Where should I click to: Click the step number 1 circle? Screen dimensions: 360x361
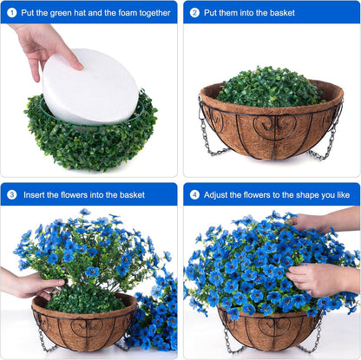point(12,12)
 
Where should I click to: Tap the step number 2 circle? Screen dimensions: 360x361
point(194,12)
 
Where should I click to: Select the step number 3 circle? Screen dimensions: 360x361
point(12,194)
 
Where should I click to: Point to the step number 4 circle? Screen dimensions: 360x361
point(194,194)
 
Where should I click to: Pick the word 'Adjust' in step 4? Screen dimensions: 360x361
point(219,195)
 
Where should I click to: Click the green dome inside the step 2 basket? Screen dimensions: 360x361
point(269,87)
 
